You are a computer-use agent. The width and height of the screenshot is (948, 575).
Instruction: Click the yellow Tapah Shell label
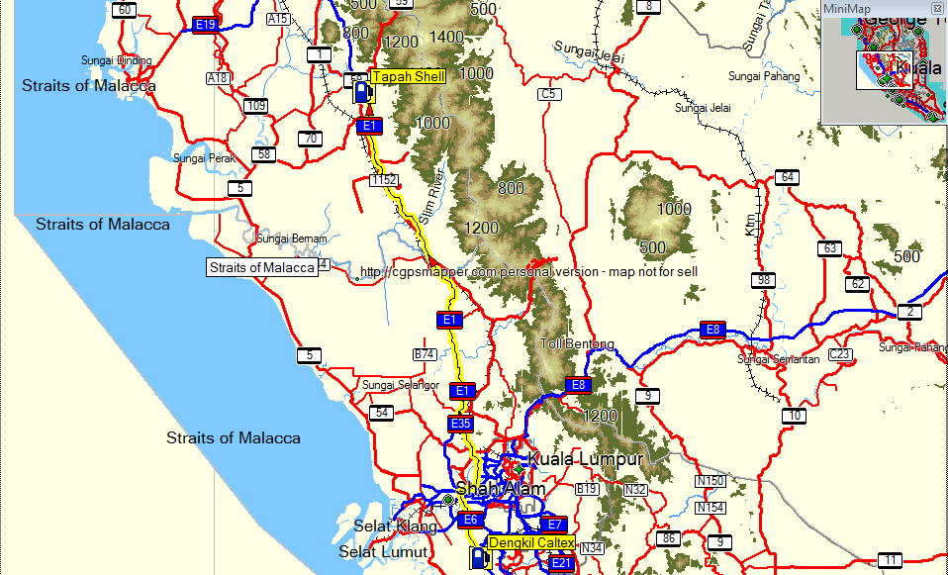tap(409, 76)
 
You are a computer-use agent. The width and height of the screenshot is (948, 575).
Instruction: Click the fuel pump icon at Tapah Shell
tap(362, 92)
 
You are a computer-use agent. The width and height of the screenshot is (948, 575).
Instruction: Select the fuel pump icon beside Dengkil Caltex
tap(480, 557)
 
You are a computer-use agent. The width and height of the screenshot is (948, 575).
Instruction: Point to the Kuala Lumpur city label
tap(586, 459)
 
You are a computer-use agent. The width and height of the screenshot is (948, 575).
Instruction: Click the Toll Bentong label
tap(577, 344)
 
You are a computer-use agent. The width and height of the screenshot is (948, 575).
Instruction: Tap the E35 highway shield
tap(461, 424)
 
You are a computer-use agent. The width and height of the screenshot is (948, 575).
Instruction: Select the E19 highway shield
tap(206, 24)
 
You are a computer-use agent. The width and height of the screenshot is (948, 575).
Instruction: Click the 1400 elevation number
tap(447, 37)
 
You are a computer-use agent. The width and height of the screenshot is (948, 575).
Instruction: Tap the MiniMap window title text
tap(848, 9)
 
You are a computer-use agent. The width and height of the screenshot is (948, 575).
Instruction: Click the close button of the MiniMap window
tap(937, 9)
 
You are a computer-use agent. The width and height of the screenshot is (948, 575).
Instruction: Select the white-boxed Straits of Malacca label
tap(262, 267)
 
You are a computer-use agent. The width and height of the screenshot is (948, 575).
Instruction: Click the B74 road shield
tap(425, 354)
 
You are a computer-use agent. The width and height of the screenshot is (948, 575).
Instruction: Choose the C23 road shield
tap(839, 354)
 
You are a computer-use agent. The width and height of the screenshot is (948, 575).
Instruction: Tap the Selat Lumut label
tap(383, 551)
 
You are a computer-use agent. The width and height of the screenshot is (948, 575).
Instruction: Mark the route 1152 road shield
tap(384, 180)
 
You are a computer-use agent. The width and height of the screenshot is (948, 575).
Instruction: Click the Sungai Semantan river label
tap(778, 359)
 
